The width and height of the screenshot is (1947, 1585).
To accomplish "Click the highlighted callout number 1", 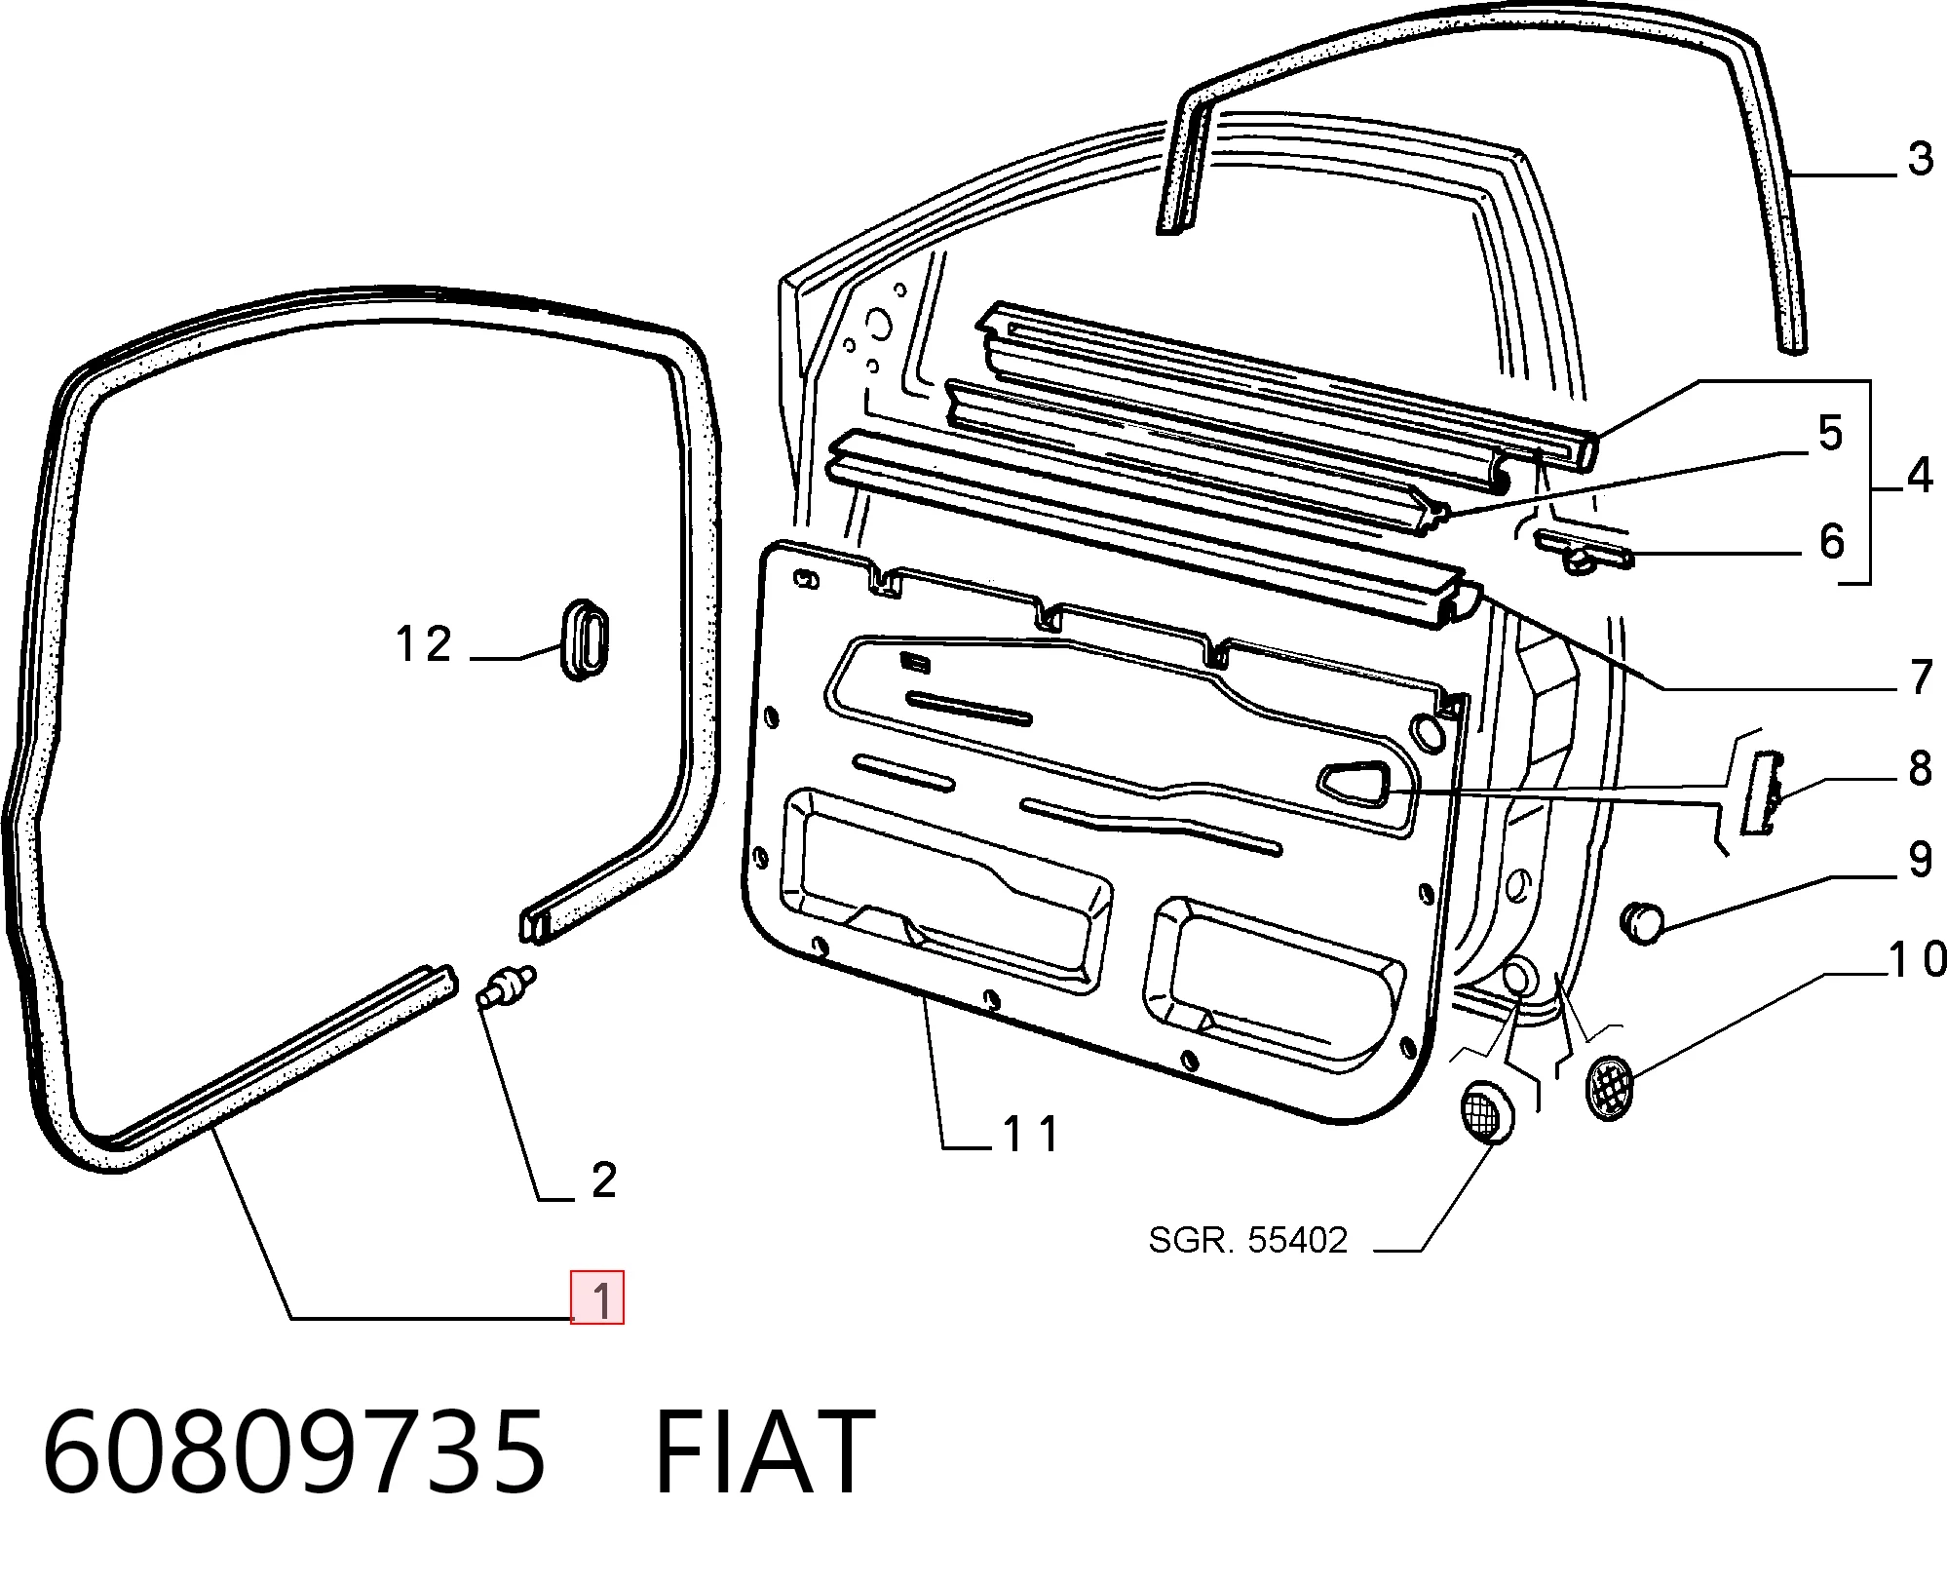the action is (x=597, y=1298).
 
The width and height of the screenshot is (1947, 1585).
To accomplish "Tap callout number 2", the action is (x=604, y=1179).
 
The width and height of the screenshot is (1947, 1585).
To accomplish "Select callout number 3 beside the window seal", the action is (x=1921, y=158).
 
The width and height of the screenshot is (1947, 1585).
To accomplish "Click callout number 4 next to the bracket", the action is (x=1921, y=475).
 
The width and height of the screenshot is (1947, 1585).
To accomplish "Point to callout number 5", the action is (x=1831, y=433).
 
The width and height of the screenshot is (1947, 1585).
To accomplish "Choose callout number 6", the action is (x=1832, y=541).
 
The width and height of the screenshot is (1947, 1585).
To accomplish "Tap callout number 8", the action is (x=1921, y=768).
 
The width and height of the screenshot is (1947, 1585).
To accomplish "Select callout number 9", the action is (x=1921, y=860).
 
